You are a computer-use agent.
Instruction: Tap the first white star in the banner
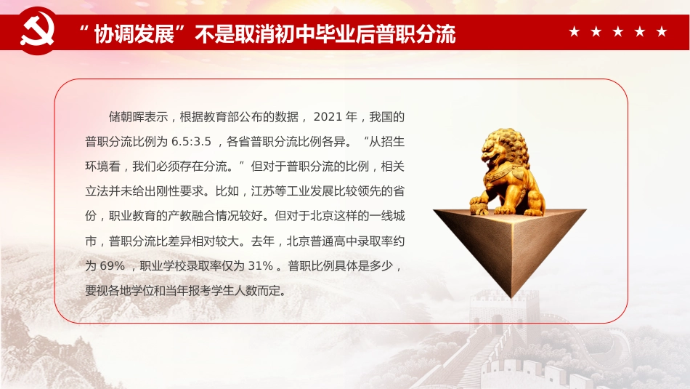pos(575,32)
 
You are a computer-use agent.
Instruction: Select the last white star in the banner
pos(661,32)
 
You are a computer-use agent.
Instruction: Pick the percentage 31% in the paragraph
pos(259,266)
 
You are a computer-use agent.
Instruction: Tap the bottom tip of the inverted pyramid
pos(512,297)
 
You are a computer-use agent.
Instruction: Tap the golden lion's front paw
pos(479,208)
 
